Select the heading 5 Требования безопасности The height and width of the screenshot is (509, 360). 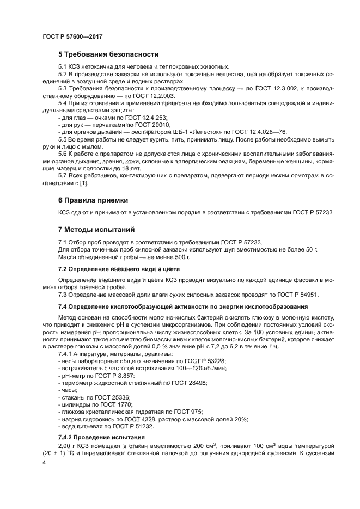point(108,54)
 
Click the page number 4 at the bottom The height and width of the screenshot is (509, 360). point(44,462)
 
